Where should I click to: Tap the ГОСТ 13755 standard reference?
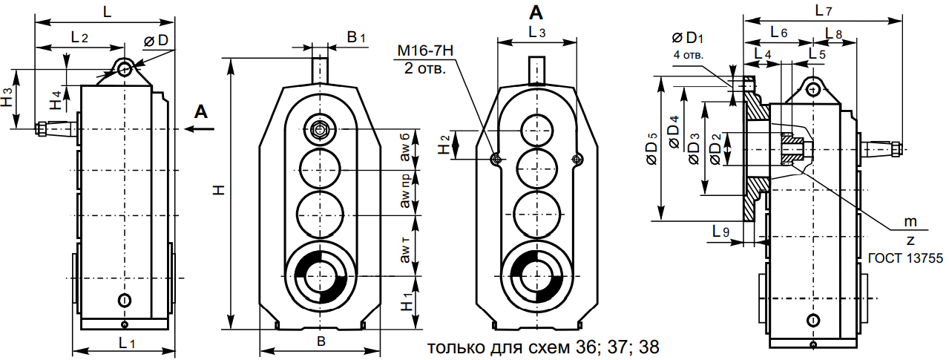[904, 258]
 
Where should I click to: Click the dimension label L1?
[127, 343]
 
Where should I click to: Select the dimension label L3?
[537, 33]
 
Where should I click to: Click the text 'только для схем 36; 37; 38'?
[543, 347]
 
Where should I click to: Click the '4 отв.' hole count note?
[688, 55]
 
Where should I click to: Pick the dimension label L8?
[833, 33]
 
